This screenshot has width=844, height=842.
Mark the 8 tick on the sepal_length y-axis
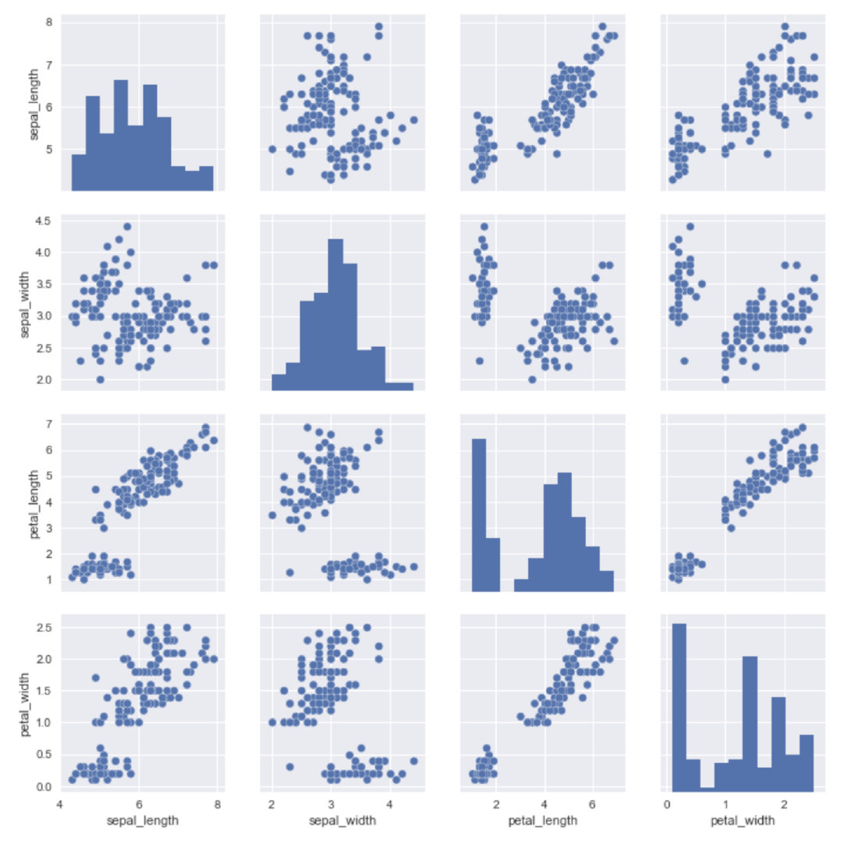[x=49, y=23]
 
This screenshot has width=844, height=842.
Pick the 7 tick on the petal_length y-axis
[x=49, y=423]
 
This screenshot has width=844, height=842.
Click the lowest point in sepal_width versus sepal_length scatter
[x=100, y=380]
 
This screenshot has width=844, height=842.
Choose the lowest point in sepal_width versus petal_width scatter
[x=725, y=380]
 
